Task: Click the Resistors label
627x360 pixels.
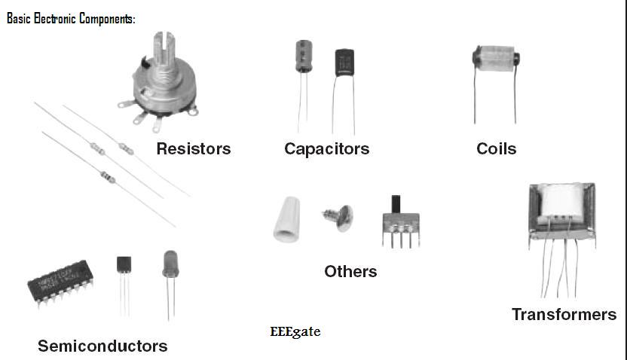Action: point(193,148)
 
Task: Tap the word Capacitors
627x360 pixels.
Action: point(326,148)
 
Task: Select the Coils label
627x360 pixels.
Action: point(496,148)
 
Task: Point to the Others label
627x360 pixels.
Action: point(350,270)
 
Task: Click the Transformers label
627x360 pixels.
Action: point(564,314)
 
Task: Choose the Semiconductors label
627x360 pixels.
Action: point(102,346)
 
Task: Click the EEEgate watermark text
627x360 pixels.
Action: point(295,331)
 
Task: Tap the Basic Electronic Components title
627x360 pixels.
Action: point(71,19)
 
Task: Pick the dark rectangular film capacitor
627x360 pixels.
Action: point(344,63)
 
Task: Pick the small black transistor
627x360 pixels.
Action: point(124,265)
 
